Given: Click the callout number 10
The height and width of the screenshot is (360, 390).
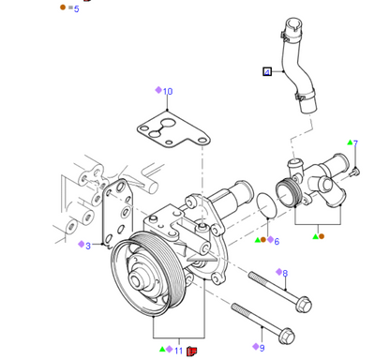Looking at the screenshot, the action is pos(168,91).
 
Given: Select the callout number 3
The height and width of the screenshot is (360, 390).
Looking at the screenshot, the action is pos(88,246).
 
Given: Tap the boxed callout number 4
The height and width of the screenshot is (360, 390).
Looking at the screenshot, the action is pos(267,72).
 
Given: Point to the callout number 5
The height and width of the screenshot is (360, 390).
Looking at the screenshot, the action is pos(77,8).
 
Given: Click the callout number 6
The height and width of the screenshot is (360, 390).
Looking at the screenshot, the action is pos(277,241).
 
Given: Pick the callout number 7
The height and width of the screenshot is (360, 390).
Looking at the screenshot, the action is pos(355,143).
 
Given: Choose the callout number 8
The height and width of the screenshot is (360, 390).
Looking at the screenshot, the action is pos(285,274).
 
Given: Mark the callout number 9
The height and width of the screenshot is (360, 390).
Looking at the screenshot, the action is pos(262,348).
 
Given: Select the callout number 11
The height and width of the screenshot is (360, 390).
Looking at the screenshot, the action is pos(178,351).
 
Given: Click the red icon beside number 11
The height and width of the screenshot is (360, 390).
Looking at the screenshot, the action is pos(191,352).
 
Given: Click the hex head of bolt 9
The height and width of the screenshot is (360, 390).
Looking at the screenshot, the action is pos(286,337).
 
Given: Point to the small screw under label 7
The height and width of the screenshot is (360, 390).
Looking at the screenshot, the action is pos(355,172).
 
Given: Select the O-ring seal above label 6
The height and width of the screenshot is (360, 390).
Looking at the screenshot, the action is pos(266,205).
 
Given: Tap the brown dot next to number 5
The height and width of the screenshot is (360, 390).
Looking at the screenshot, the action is pos(63,7).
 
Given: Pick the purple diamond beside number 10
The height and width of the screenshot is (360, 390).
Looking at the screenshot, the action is pos(158,90).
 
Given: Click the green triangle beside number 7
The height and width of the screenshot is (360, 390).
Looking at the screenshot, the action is pos(350,142).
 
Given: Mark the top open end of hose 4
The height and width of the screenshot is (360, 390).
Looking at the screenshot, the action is pos(293,23).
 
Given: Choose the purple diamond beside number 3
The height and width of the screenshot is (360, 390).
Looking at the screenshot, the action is pos(82,244).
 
